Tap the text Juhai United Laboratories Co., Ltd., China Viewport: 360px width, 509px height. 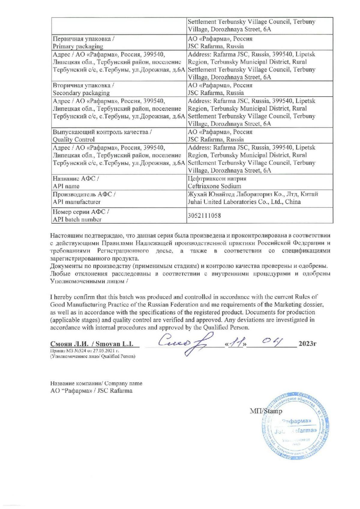(x=244, y=202)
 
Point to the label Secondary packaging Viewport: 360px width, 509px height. (x=81, y=93)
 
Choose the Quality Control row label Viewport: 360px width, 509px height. (x=74, y=139)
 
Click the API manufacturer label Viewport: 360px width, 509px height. (x=77, y=202)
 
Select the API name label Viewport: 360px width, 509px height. (x=66, y=186)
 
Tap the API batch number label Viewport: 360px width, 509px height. (x=77, y=220)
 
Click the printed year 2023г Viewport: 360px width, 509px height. (x=308, y=344)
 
